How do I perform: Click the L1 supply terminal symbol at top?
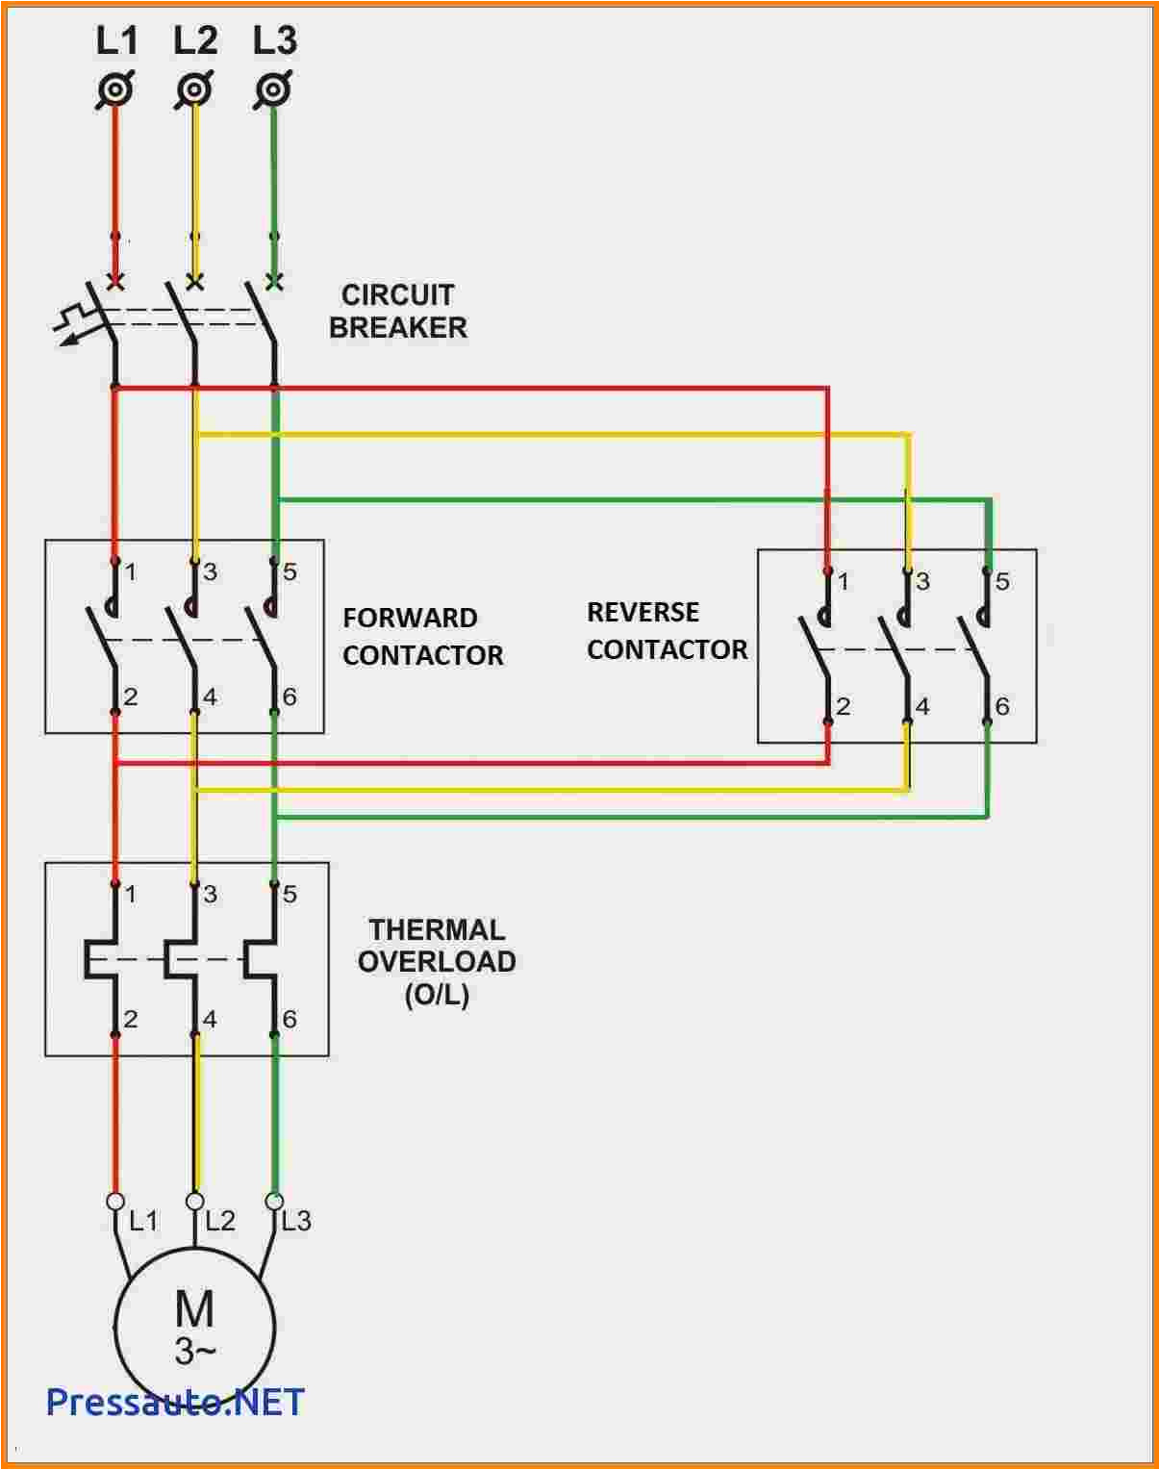[115, 90]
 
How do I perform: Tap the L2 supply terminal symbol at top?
[195, 90]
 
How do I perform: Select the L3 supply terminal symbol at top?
[274, 90]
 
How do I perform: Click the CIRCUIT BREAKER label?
[397, 311]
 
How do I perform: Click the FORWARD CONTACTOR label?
[422, 636]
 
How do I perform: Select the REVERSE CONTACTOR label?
[667, 630]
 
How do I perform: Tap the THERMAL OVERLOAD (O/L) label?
[437, 961]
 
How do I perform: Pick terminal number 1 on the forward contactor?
[131, 572]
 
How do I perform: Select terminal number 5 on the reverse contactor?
[1002, 581]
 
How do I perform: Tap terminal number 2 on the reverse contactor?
[844, 706]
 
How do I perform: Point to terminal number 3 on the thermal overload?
[210, 894]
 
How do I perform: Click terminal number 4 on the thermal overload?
[210, 1019]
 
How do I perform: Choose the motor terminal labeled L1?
[115, 1202]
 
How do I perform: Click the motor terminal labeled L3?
[274, 1202]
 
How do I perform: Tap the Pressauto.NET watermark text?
[175, 1402]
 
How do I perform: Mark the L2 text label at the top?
[195, 40]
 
